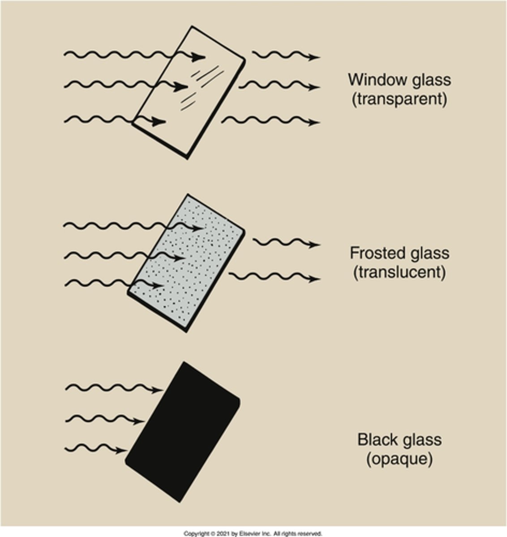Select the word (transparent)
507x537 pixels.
pos(400,99)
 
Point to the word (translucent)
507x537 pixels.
pos(400,273)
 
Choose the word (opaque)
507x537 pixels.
pos(400,459)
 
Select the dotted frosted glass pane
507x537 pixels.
pos(188,264)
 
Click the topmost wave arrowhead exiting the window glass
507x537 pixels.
pos(315,57)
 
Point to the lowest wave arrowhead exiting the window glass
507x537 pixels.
pos(315,122)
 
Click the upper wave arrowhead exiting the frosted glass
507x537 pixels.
pos(315,245)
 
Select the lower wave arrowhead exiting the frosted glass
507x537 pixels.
pos(315,279)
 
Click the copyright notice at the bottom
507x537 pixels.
pos(253,533)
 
